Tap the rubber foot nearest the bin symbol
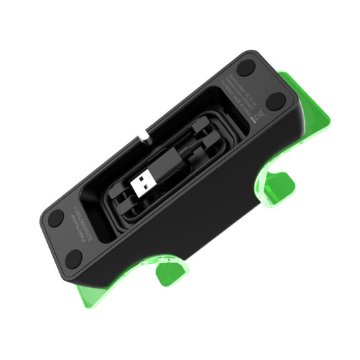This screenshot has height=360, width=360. (x=276, y=102)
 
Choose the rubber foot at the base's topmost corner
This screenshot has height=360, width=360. (x=246, y=67)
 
